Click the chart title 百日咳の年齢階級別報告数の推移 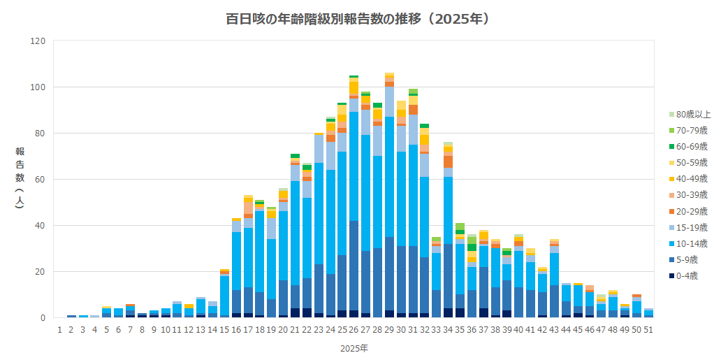coord(358,19)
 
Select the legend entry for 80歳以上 coord(693,115)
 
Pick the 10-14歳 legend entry coord(693,243)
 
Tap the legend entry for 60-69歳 coord(693,147)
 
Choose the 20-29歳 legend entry coord(693,211)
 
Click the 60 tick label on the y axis coord(41,180)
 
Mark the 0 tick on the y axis coord(43,318)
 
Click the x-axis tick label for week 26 coord(354,329)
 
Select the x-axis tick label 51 coord(649,329)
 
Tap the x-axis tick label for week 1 coord(60,329)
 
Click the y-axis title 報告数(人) coord(20,178)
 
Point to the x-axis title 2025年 coord(354,347)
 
